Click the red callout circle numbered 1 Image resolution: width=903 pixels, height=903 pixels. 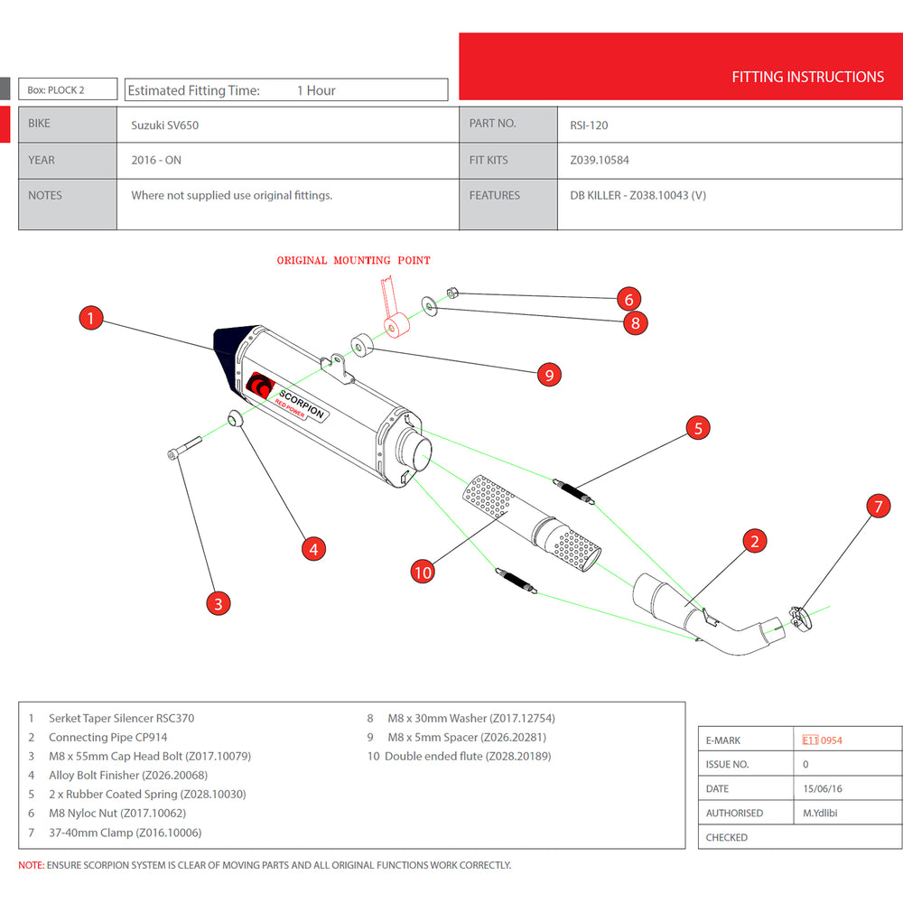[x=91, y=318]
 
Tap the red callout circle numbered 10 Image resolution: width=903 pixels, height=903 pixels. [x=423, y=571]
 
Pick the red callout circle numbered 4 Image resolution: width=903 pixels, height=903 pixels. [x=312, y=548]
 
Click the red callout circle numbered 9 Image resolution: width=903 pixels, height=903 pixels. [x=549, y=374]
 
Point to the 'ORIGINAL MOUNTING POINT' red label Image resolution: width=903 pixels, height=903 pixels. [x=353, y=260]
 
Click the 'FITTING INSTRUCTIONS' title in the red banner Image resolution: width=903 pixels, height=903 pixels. [x=807, y=77]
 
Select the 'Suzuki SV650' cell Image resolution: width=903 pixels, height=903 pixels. [x=165, y=126]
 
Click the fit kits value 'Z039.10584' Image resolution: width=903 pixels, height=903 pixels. [x=600, y=161]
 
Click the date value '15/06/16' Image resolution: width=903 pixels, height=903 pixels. [x=823, y=788]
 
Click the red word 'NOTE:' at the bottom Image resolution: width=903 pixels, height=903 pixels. [x=32, y=865]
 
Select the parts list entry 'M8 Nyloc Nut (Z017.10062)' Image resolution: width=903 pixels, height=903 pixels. [x=117, y=813]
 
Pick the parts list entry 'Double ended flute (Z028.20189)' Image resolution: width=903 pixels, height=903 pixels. [x=468, y=756]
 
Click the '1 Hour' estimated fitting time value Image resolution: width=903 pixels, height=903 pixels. [x=316, y=90]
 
